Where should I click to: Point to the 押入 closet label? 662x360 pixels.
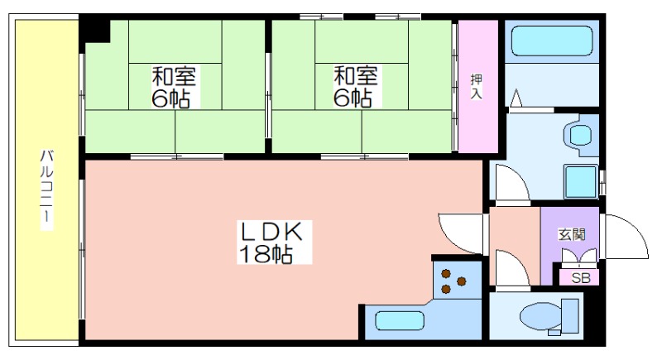(477, 86)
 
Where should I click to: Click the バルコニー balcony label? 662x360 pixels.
(47, 188)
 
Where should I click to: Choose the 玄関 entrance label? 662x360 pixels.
(572, 234)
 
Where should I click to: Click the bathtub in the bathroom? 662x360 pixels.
(552, 41)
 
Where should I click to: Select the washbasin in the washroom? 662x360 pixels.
(581, 135)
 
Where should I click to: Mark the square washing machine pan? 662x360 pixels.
(581, 181)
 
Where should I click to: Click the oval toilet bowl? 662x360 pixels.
(541, 316)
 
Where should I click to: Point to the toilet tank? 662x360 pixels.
(570, 316)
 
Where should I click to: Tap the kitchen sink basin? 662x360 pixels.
(399, 321)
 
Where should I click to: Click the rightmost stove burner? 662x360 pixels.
(462, 281)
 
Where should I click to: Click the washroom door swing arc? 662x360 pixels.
(512, 184)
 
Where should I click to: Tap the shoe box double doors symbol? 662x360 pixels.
(578, 257)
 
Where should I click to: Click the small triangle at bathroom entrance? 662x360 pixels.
(516, 98)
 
